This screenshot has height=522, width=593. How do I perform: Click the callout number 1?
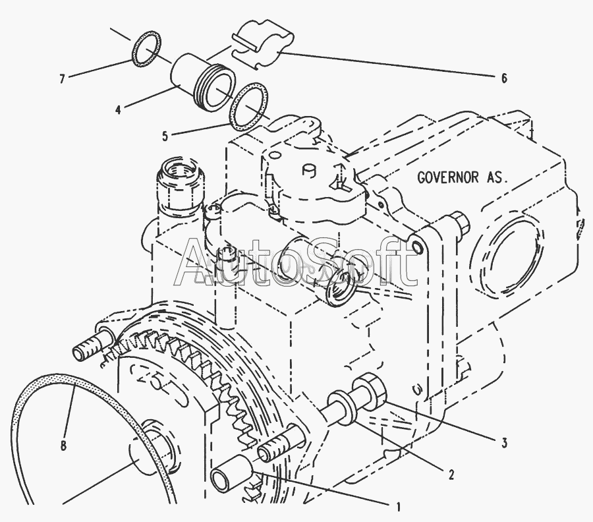(x=398, y=506)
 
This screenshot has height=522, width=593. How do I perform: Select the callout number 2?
(x=451, y=473)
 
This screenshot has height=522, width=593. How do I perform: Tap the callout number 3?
(x=504, y=443)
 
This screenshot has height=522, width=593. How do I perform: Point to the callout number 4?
(x=118, y=109)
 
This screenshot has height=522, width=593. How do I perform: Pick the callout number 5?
(x=165, y=136)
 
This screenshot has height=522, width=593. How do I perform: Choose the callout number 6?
(x=504, y=78)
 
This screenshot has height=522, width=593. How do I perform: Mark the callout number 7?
(x=62, y=80)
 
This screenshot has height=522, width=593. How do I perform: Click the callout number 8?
(x=64, y=446)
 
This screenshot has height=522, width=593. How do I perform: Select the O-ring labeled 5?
(x=247, y=106)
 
